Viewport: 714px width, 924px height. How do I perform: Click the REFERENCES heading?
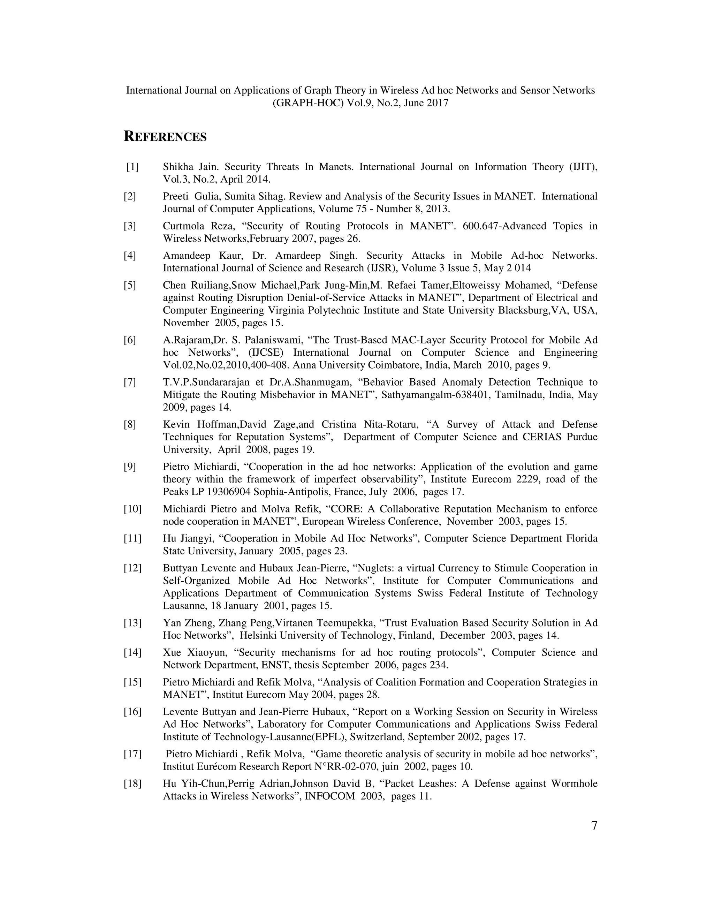165,137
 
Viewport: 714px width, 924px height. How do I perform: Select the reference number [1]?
132,167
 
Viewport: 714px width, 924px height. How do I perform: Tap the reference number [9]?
130,467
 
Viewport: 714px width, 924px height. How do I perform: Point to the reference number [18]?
132,784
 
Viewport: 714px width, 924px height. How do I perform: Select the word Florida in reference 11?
582,539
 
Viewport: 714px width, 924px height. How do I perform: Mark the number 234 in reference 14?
438,665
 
